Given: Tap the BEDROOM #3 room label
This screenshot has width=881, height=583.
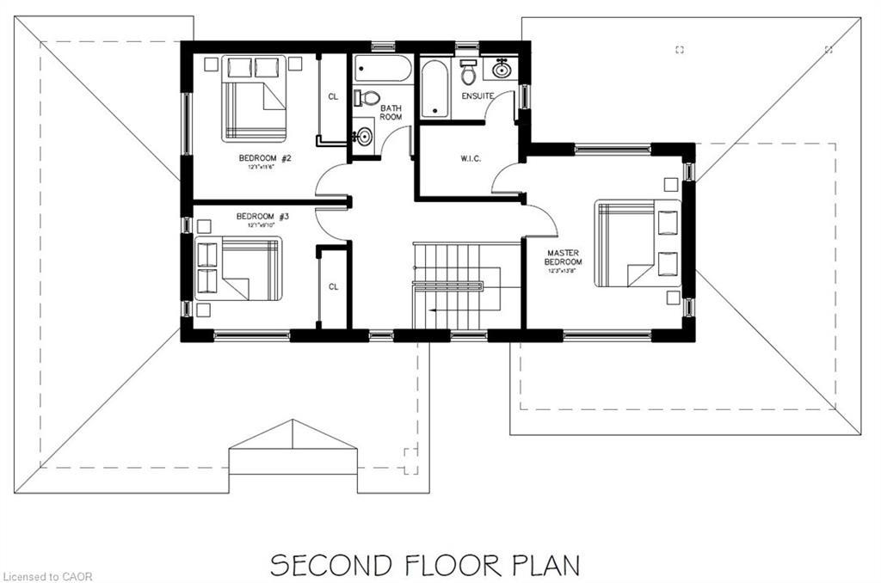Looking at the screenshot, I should tap(262, 216).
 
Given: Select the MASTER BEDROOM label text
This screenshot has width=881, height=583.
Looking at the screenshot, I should tap(564, 257).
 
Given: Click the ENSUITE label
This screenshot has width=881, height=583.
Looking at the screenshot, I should tap(477, 96).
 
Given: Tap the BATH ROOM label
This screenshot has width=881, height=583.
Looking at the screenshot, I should tap(391, 112).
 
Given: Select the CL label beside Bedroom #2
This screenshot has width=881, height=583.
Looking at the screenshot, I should tap(333, 96).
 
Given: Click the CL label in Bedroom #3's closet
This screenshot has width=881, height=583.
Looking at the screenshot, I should tap(333, 286).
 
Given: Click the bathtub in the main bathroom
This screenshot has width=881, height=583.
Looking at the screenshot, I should tap(383, 69).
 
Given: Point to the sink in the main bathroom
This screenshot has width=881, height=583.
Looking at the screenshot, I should tap(363, 136).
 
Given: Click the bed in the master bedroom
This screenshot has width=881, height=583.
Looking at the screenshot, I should tap(637, 243).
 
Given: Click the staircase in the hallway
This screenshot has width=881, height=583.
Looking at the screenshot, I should tap(454, 285).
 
